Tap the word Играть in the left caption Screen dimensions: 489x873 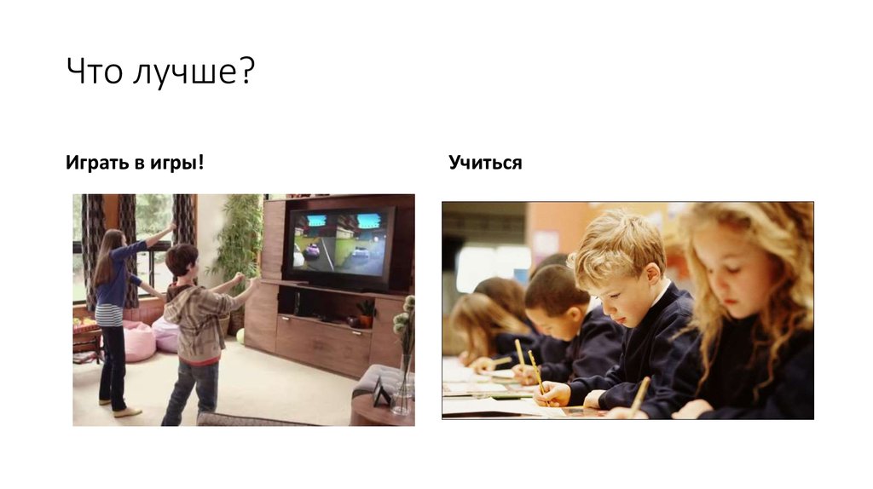[x=95, y=162]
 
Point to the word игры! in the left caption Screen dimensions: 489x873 [x=179, y=162]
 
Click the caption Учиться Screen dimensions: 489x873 [x=485, y=162]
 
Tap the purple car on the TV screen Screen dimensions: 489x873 [x=312, y=250]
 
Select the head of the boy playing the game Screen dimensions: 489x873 [x=182, y=260]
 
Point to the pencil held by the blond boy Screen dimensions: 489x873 [x=536, y=371]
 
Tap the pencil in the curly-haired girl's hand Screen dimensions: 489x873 [x=639, y=394]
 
